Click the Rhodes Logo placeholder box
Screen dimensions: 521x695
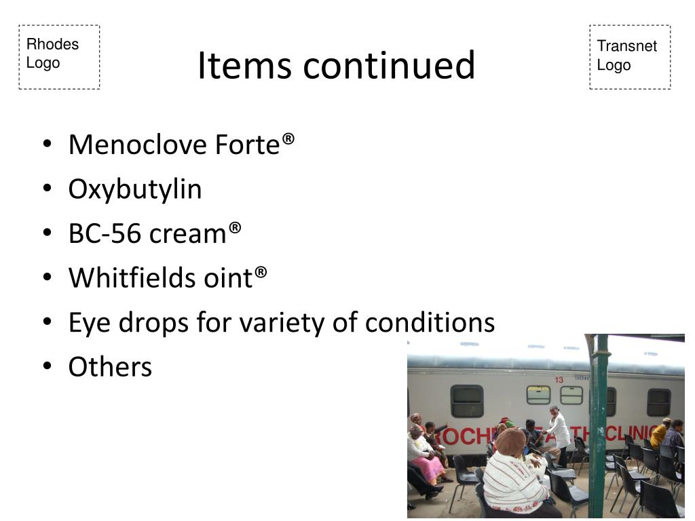point(59,57)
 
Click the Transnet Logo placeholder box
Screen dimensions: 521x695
point(630,57)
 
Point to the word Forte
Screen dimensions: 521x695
point(248,144)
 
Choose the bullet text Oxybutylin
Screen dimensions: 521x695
point(135,189)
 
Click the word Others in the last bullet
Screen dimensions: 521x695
point(110,367)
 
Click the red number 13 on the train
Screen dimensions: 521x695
point(559,380)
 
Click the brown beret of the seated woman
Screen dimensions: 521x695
point(511,441)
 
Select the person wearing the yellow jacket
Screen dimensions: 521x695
point(658,433)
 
